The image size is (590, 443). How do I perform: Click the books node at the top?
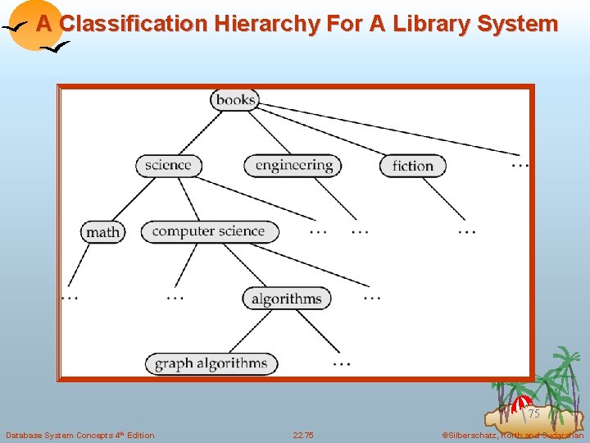pyautogui.click(x=235, y=100)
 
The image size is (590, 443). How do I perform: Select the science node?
pyautogui.click(x=168, y=165)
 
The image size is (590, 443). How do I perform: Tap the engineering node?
pyautogui.click(x=293, y=165)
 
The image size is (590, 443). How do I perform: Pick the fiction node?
pyautogui.click(x=412, y=166)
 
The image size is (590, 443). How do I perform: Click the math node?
pyautogui.click(x=102, y=232)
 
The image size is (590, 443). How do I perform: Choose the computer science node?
pyautogui.click(x=209, y=231)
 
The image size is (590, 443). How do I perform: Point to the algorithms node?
pyautogui.click(x=287, y=298)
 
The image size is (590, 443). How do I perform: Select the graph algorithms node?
pyautogui.click(x=211, y=363)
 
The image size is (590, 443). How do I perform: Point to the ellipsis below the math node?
pyautogui.click(x=70, y=297)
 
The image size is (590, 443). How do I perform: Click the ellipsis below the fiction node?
pyautogui.click(x=467, y=232)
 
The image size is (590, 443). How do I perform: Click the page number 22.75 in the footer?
pyautogui.click(x=303, y=435)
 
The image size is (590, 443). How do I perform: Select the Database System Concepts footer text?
pyautogui.click(x=79, y=435)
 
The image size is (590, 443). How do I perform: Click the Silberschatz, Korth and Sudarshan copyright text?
pyautogui.click(x=512, y=435)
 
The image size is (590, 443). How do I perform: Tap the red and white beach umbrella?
pyautogui.click(x=522, y=404)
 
